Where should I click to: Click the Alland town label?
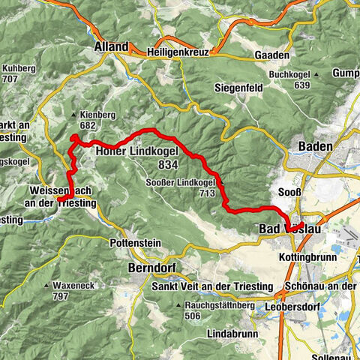tap(111, 46)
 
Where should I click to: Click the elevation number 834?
tap(169, 164)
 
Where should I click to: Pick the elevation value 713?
tap(207, 193)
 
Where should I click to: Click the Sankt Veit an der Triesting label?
tap(201, 287)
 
